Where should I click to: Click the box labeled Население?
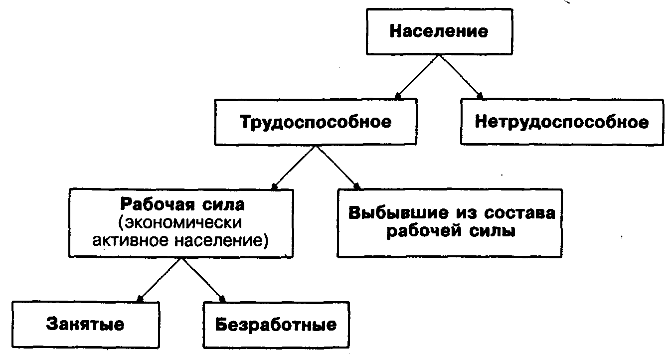pyautogui.click(x=439, y=32)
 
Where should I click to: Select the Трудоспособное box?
pyautogui.click(x=316, y=122)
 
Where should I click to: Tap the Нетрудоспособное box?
pyautogui.click(x=562, y=122)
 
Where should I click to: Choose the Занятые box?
pyautogui.click(x=85, y=325)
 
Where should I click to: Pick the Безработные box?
pyautogui.click(x=276, y=325)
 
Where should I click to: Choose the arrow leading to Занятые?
pyautogui.click(x=159, y=280)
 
